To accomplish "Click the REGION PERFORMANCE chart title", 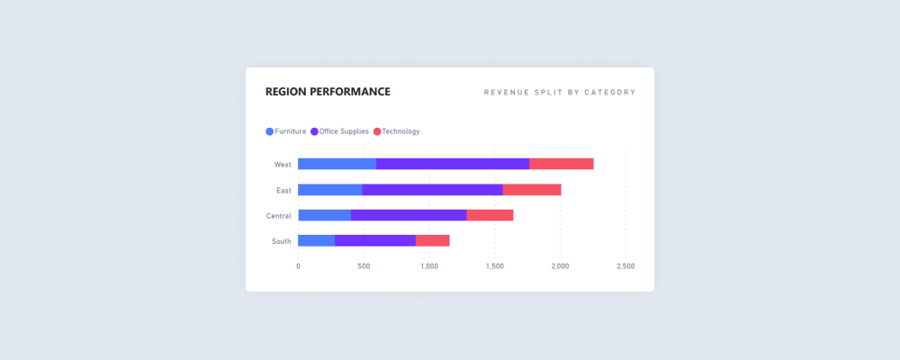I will (328, 92).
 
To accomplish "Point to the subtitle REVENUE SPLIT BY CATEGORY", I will (559, 92).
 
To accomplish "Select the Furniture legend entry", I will (286, 131).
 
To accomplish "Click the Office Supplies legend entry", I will (339, 131).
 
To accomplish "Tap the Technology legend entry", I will (396, 131).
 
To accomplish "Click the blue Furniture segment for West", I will (337, 164).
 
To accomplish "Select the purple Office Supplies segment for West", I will (452, 164).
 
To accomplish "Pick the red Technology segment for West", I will (561, 164).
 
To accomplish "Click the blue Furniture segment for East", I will (329, 190).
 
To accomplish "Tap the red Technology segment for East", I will (532, 190).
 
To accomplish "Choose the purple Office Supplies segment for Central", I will (409, 215).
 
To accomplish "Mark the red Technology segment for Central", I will (490, 215).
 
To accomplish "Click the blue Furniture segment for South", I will (316, 240).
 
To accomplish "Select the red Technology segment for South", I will (432, 240).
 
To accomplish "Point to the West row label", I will (283, 165).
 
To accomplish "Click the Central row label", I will (278, 216).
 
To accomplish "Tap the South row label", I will (281, 241).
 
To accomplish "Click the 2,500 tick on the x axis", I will (625, 266).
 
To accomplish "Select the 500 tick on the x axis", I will (364, 266).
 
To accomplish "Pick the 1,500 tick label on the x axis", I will (494, 266).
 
